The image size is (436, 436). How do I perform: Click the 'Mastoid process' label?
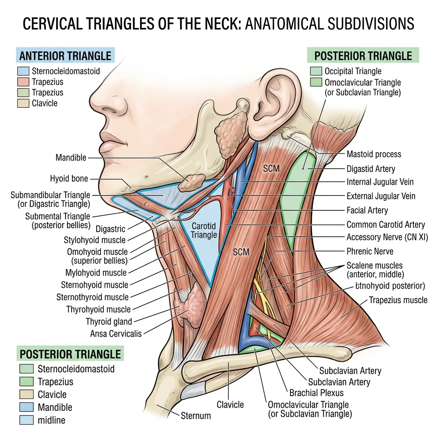pos(373,154)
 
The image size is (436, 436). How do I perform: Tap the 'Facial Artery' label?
pos(367,210)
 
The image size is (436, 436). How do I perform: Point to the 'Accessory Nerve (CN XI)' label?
pos(387,237)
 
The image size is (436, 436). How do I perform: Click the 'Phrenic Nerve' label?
pos(370,251)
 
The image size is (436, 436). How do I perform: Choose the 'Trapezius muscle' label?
pos(398,300)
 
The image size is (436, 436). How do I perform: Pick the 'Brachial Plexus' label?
pos(316,393)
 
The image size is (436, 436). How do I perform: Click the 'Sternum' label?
pos(195,416)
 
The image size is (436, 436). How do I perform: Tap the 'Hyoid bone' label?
pos(69,179)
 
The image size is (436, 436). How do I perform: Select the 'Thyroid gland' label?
pos(109,321)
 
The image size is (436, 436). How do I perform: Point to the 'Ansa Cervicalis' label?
pos(116,334)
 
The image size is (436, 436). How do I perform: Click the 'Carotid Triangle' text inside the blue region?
pos(204,230)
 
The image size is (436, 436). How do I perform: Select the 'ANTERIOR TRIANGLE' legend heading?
pos(65,56)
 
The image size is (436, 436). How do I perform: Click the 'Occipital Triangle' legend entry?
pos(353,71)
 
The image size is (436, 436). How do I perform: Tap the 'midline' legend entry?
pos(51,420)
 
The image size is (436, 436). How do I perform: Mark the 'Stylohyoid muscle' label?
pos(95,240)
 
